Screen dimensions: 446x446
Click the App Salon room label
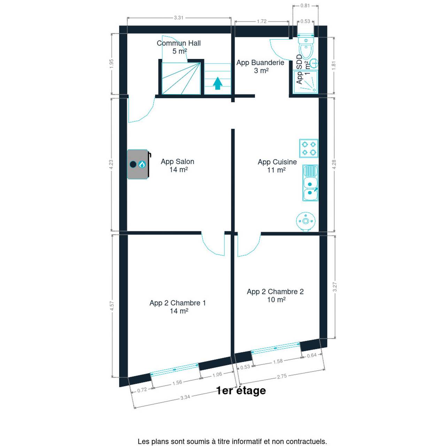tap(177, 166)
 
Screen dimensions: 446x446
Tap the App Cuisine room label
tap(277, 166)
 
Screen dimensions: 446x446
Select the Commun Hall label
tap(179, 47)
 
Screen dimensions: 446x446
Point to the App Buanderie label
tap(260, 67)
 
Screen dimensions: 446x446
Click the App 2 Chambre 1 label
tap(177, 307)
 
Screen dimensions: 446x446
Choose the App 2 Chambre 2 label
tap(275, 295)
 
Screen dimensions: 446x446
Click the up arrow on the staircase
tap(217, 83)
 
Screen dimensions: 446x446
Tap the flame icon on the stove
tap(142, 164)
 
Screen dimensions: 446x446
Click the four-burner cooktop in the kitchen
tap(308, 148)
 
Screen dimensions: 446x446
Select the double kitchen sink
tap(310, 183)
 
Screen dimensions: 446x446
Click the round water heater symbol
tap(306, 221)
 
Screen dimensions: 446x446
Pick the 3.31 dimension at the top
tap(179, 18)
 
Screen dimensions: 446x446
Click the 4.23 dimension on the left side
tap(111, 164)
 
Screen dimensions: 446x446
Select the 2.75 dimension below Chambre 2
tap(282, 376)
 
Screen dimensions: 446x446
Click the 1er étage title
tap(241, 390)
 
